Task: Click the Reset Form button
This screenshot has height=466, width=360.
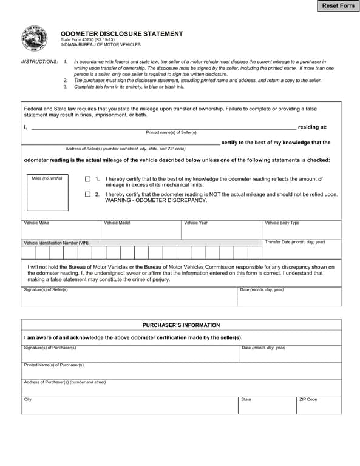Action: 338,6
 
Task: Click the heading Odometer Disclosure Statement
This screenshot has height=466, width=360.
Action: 121,33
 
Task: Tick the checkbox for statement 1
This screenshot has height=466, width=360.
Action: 87,180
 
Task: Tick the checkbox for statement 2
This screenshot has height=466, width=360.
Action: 87,195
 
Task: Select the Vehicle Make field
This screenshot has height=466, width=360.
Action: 61,232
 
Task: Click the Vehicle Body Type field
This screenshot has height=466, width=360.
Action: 301,232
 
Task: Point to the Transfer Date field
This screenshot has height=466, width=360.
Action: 301,252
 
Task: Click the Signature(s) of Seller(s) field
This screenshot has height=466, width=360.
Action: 129,298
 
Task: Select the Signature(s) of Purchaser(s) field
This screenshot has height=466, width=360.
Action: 129,356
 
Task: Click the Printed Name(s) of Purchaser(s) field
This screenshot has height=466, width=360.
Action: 181,373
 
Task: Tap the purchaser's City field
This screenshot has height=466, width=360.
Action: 129,407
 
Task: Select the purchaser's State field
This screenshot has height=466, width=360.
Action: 267,407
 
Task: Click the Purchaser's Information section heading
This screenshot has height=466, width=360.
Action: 181,325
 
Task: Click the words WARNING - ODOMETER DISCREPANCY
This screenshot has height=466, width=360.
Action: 156,200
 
